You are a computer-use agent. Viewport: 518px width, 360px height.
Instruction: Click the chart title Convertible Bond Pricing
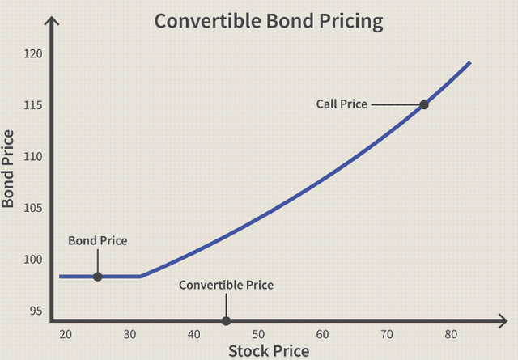point(269,21)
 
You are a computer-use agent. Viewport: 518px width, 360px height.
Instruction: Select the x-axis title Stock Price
point(269,350)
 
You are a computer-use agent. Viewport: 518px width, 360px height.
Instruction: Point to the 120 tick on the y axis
point(33,54)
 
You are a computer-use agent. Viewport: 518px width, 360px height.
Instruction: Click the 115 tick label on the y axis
point(33,106)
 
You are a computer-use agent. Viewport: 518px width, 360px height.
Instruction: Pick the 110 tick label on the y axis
point(33,157)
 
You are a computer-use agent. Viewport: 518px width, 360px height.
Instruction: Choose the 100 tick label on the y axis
point(33,260)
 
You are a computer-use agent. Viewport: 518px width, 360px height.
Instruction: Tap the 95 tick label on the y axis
point(36,311)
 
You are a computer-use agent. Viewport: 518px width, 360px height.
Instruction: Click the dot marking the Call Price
point(423,104)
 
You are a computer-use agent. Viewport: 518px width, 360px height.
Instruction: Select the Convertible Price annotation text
point(226,286)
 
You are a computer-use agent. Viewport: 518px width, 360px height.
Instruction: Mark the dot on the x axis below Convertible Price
point(226,321)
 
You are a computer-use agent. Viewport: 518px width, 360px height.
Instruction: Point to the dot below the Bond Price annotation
point(98,277)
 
